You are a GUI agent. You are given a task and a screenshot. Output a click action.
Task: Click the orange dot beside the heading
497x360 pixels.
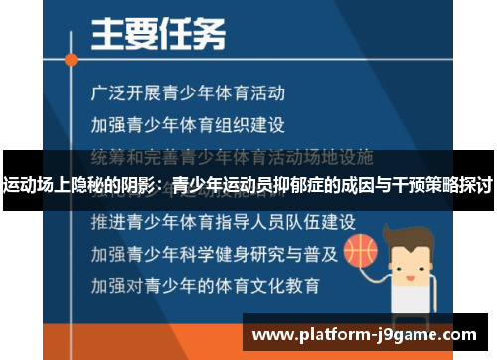point(71,60)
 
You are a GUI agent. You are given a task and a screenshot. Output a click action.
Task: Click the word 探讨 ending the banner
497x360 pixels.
point(476,185)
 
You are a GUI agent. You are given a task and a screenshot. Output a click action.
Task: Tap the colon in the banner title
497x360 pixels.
point(164,186)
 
